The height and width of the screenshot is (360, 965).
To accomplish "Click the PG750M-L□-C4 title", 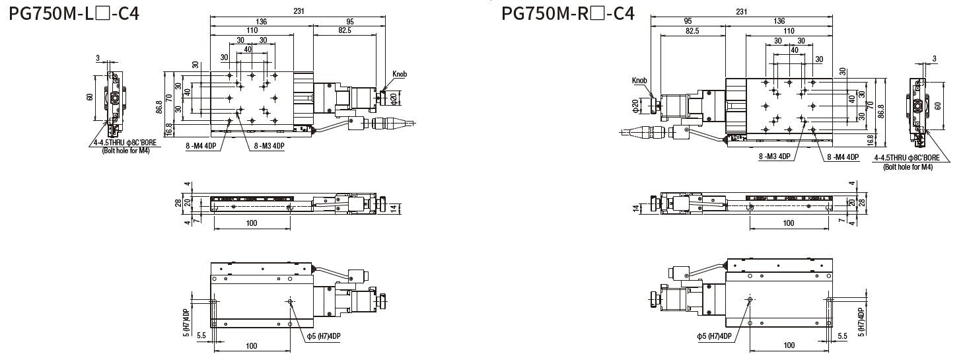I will (x=74, y=13).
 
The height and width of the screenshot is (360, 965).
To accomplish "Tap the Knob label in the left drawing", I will (x=400, y=74).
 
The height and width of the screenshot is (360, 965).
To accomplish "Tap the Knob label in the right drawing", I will (x=639, y=81).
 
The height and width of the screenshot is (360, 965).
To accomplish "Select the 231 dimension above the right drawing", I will (x=742, y=11).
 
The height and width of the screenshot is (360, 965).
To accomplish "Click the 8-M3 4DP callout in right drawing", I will (x=775, y=157).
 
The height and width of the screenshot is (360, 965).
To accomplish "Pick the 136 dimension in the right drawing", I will (x=779, y=20).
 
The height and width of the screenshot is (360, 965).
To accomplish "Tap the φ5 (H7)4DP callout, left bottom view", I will (x=323, y=336).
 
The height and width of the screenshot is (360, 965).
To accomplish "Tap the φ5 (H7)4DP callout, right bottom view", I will (x=714, y=336).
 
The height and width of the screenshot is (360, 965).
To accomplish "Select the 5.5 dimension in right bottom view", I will (x=842, y=336).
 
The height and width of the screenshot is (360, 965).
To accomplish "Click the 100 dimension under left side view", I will (x=252, y=223).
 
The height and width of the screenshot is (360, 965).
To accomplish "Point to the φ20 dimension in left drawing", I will (x=394, y=98).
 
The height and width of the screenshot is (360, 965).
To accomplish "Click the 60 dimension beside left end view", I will (x=90, y=96).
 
